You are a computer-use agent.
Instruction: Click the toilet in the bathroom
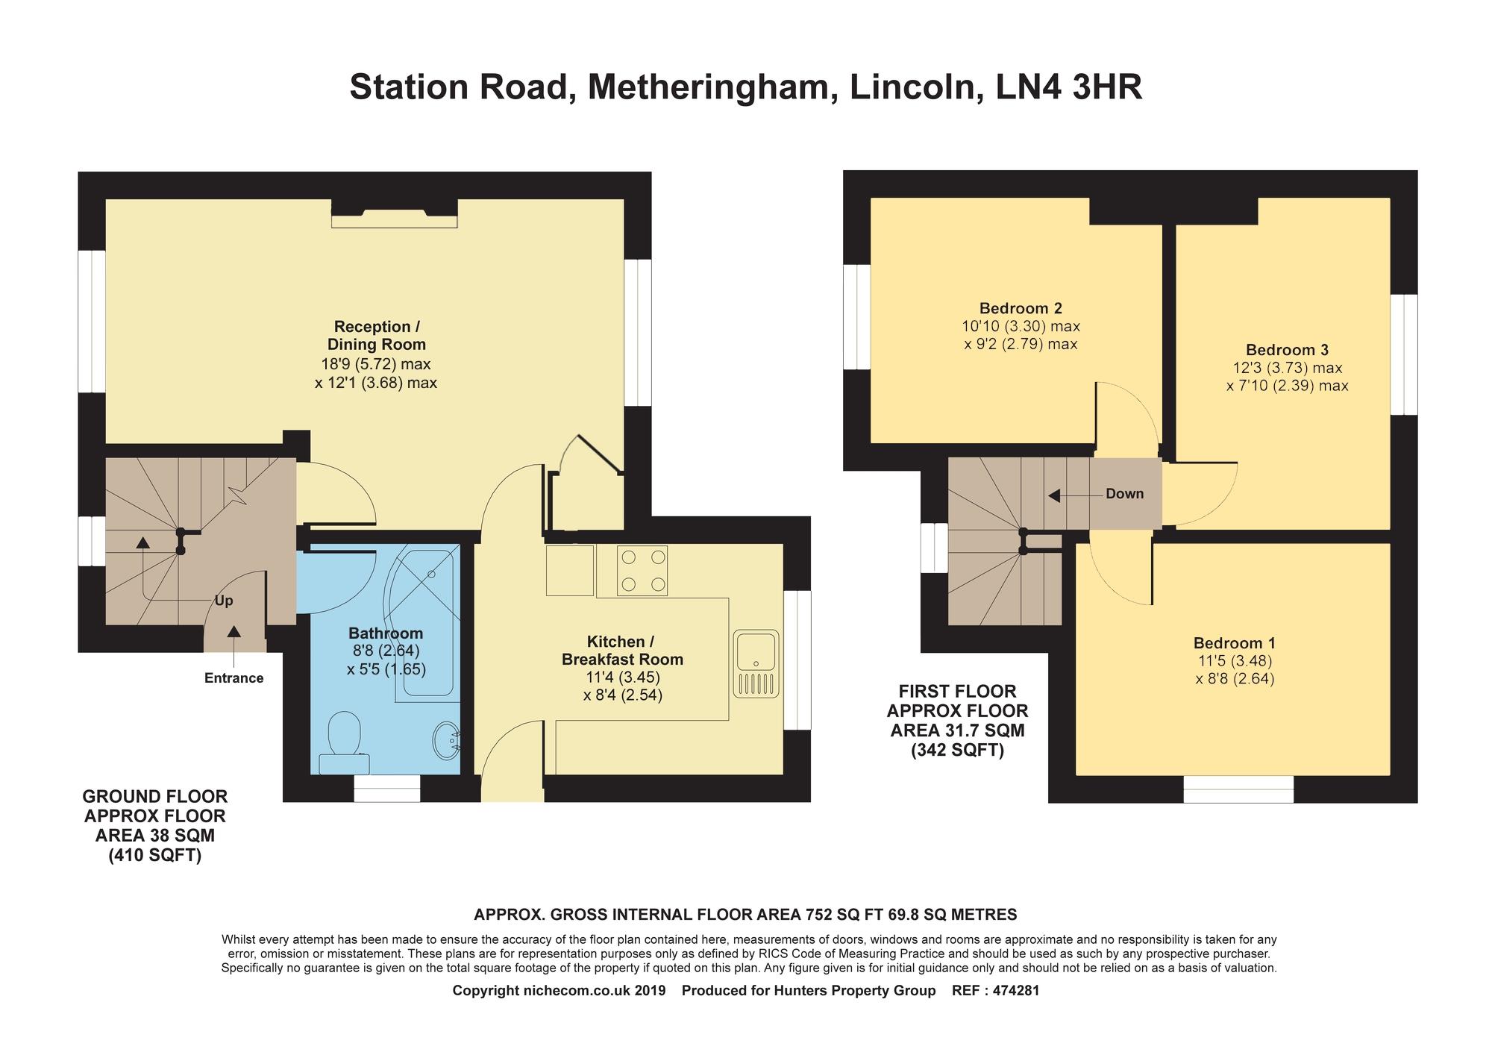pos(344,742)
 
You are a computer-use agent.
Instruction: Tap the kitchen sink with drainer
pos(756,664)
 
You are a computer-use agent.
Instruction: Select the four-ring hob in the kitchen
pos(642,571)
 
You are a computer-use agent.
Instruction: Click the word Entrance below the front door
pos(234,678)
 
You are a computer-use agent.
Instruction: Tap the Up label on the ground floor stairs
pos(224,601)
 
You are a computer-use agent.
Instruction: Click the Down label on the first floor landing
pos(1124,494)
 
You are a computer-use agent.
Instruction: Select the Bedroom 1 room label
pos(1235,643)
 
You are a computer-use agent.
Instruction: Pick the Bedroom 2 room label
pos(1021,308)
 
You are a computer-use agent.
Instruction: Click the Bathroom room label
pos(386,633)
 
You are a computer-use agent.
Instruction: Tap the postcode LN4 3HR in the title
pos(1068,87)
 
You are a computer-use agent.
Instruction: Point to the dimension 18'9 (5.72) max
pos(376,364)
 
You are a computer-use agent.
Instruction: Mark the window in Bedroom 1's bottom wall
pos(1238,789)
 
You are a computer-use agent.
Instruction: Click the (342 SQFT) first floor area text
pos(957,751)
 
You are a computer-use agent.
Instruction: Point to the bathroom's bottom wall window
pos(387,789)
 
